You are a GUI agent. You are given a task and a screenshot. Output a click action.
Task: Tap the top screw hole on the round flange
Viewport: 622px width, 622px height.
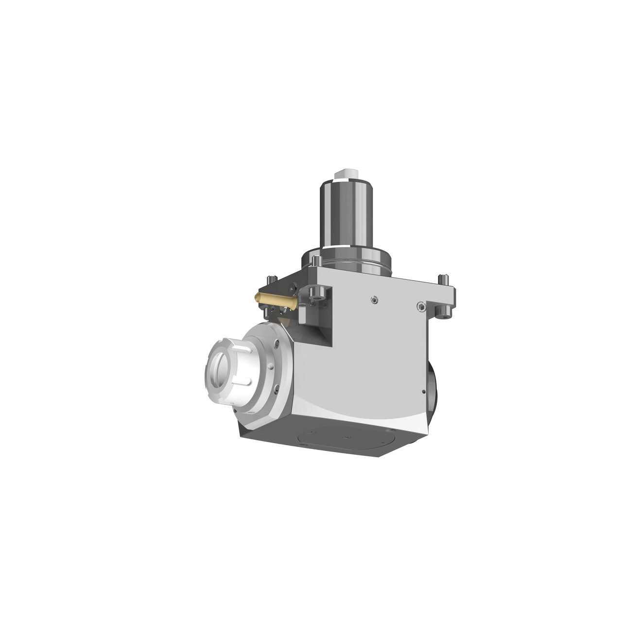tap(277, 344)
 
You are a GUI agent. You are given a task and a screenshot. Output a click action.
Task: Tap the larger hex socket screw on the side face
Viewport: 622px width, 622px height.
tap(421, 306)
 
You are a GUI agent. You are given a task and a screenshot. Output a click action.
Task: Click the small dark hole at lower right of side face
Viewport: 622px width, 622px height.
tap(424, 391)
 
